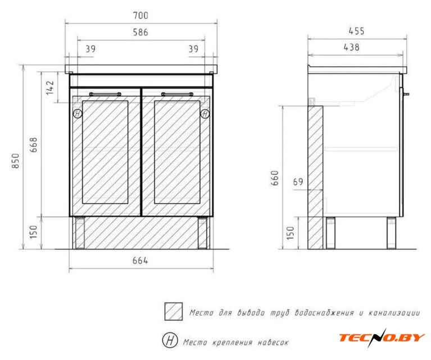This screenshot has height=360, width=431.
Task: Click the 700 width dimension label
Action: click(140, 15)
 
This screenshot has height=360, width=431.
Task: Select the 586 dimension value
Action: click(140, 32)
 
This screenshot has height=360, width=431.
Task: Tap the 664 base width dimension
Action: click(140, 260)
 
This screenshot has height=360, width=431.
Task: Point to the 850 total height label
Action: click(16, 161)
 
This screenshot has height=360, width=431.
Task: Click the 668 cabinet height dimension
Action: click(33, 145)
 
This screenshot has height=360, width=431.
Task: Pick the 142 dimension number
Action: click(50, 88)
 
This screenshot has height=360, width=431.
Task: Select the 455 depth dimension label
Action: click(356, 31)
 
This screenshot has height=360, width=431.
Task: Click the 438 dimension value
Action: click(352, 47)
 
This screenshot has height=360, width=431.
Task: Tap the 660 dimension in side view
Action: click(275, 178)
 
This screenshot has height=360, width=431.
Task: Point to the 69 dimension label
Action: click(298, 182)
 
